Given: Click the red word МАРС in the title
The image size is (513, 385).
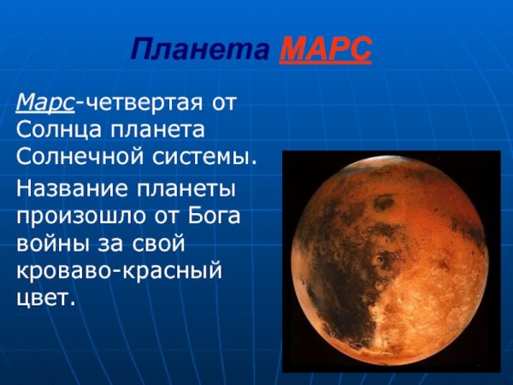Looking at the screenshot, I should [325, 50].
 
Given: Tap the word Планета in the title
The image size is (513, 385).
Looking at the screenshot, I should [203, 50].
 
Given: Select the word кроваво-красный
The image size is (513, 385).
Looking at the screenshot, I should [120, 270].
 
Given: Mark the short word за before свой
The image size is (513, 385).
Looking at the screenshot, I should [109, 242].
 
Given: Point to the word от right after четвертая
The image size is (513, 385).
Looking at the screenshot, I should [221, 104].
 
